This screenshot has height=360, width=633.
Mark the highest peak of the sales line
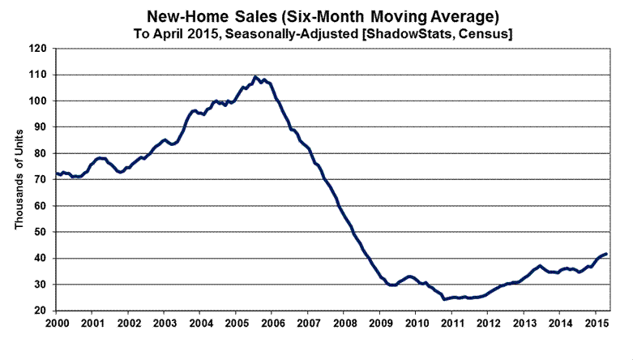coord(255,77)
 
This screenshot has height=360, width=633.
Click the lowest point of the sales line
coord(444,299)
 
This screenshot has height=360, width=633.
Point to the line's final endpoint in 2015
coord(606,255)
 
